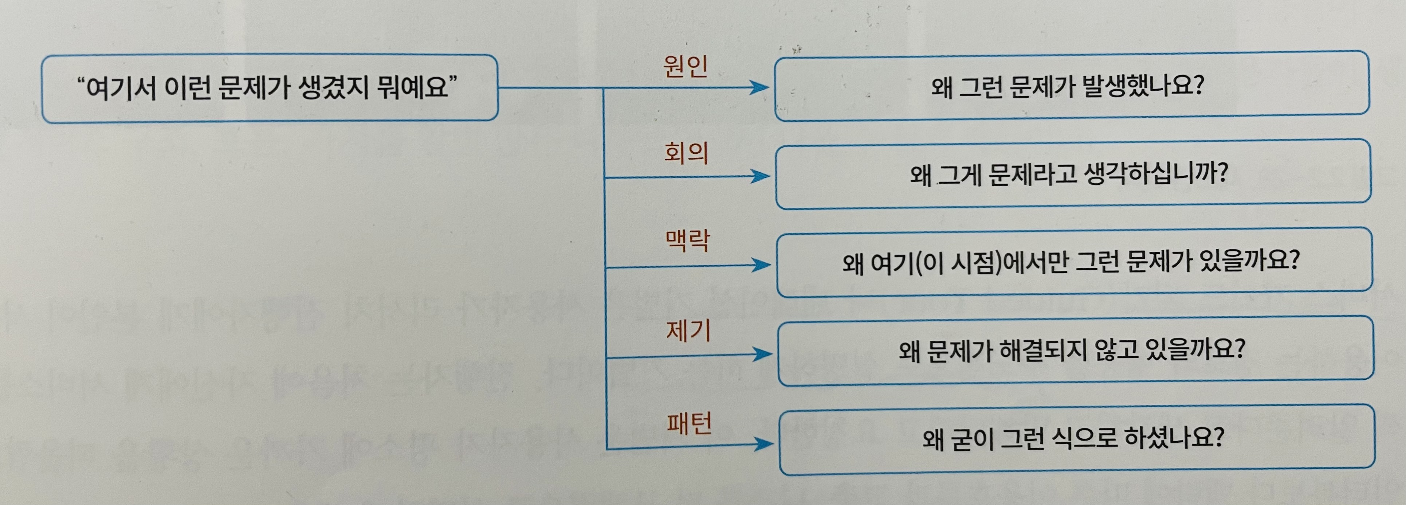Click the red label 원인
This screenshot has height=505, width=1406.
click(685, 66)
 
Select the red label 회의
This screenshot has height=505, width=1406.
click(686, 153)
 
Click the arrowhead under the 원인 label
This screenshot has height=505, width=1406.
click(759, 87)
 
